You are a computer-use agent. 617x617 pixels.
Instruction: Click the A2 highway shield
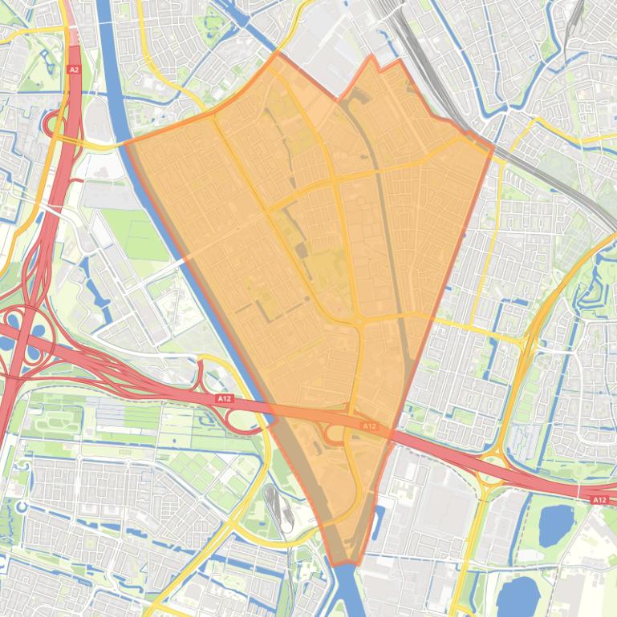point(75,70)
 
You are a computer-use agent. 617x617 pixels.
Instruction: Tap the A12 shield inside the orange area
point(369,426)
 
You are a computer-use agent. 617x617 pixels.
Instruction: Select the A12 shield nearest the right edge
point(599,500)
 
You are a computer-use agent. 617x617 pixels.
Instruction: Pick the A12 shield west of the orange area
point(224,398)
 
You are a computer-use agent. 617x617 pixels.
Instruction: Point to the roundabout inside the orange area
point(356,321)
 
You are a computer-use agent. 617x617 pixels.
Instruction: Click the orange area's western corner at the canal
point(128,145)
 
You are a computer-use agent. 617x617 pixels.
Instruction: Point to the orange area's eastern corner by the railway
point(492,147)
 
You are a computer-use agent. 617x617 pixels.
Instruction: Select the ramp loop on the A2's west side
point(55,124)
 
